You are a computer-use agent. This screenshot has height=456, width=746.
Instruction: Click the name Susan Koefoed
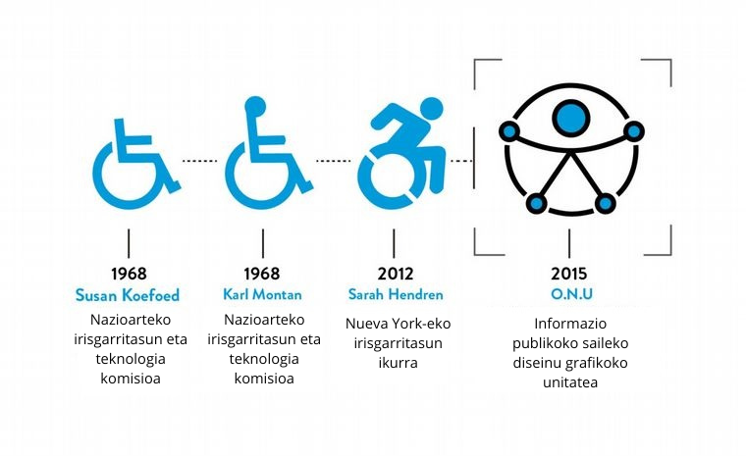coord(128,294)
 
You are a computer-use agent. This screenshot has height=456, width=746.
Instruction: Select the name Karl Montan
coord(261,294)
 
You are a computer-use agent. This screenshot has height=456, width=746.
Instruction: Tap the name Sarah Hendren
coord(395,294)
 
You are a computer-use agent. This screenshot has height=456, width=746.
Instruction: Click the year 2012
coord(395,274)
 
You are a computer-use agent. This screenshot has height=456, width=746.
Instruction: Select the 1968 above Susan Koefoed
coord(128,274)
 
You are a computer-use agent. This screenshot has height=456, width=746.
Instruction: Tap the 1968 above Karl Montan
coord(261,274)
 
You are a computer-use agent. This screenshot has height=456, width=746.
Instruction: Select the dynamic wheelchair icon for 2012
coord(400,157)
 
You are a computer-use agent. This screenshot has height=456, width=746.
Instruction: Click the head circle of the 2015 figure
coord(570,117)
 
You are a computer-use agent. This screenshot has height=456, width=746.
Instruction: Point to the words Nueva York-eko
coord(398,323)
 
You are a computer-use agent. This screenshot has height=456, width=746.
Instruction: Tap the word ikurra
coord(398,363)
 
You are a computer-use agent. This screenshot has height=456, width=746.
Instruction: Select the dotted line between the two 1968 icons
coord(200,160)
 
